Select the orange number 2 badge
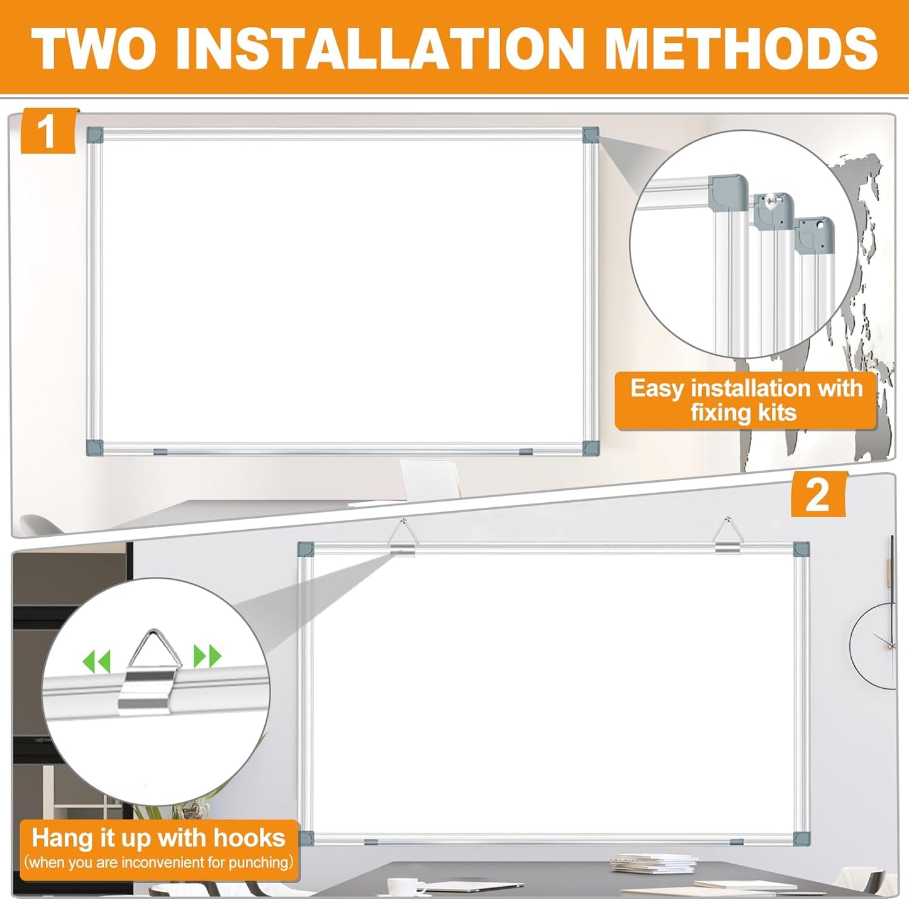click(818, 495)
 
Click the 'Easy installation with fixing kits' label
click(745, 400)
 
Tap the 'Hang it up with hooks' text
click(159, 838)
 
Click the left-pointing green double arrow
click(96, 661)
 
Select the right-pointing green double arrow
click(207, 656)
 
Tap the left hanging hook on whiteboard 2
click(403, 537)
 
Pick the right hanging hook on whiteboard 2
click(728, 537)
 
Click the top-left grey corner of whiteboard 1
click(94, 134)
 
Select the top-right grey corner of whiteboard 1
click(590, 134)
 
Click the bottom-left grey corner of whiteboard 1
click(94, 447)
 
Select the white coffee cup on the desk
click(400, 887)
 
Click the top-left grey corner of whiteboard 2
click(305, 548)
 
